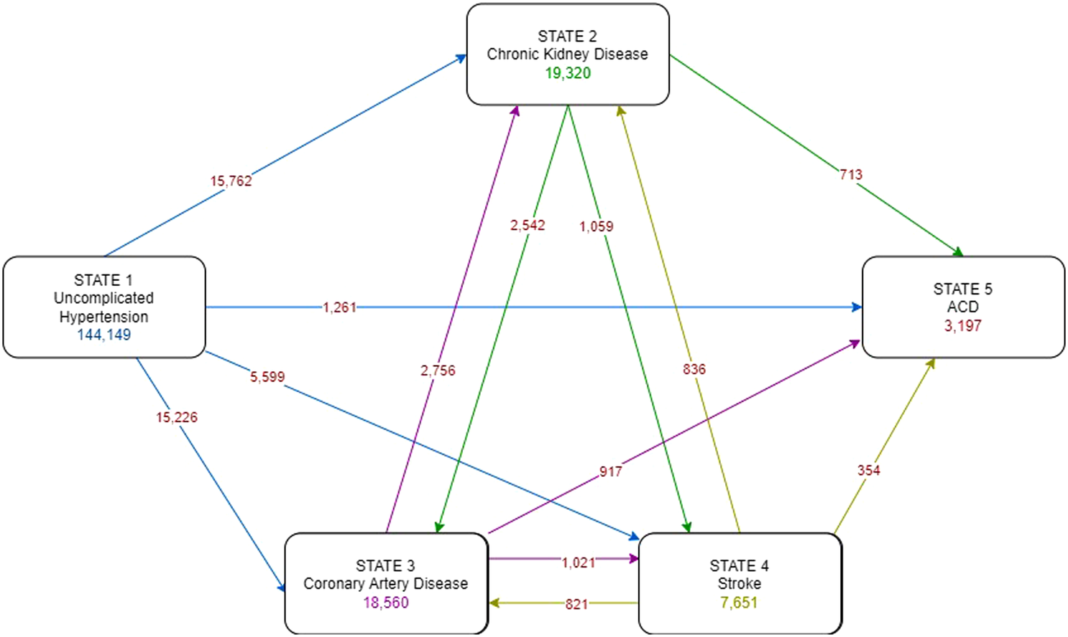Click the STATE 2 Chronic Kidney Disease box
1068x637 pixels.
pos(567,55)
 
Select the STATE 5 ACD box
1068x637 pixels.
pos(962,307)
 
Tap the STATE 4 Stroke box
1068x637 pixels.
pos(739,583)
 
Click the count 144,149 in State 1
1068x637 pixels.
pos(104,335)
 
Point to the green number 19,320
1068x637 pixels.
pos(568,73)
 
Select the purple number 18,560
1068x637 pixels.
pos(386,603)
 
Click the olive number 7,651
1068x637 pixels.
pos(739,603)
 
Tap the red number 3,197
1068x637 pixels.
pos(962,326)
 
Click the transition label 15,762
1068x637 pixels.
pos(231,181)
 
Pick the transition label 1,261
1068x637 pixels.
pos(339,307)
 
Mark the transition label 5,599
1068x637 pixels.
pos(267,377)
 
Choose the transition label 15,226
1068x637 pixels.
pos(177,417)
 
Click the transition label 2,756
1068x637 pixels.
pos(438,371)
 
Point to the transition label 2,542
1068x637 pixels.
pos(528,225)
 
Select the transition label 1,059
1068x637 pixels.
pos(597,227)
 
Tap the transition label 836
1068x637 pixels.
pos(694,369)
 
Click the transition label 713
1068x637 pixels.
pos(851,175)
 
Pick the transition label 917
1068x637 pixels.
pos(611,472)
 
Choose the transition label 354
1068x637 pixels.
pos(868,470)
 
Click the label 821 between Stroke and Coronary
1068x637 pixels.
pos(576,604)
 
